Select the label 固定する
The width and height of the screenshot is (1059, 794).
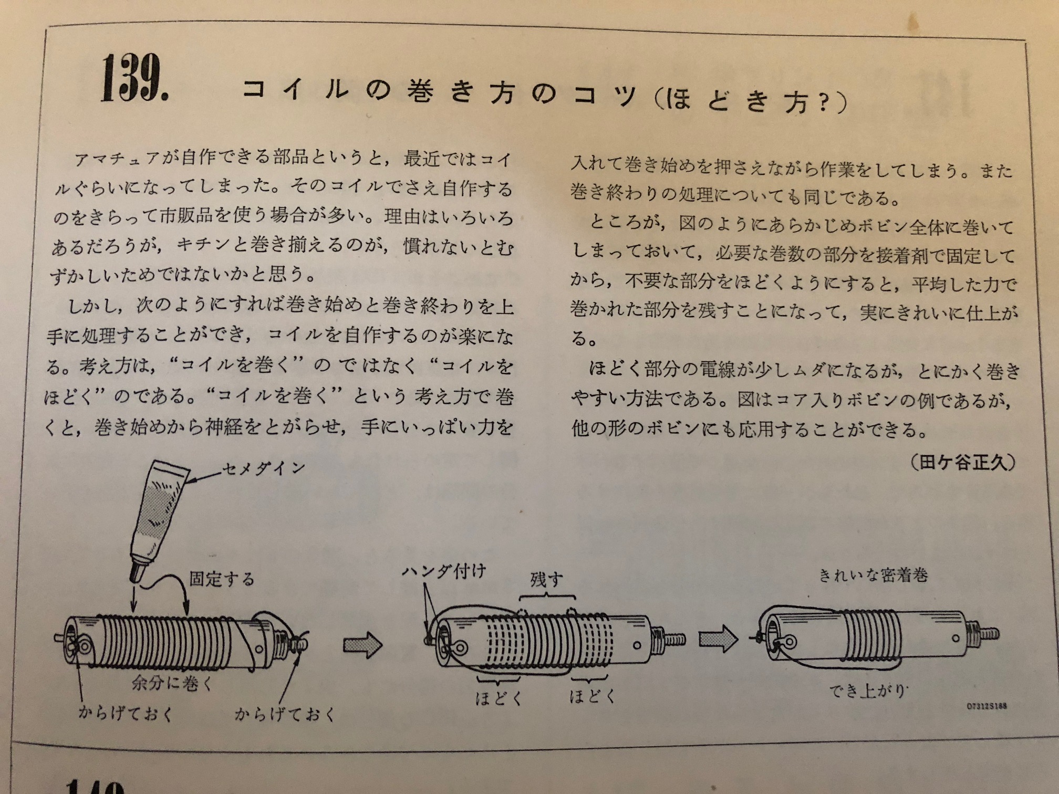pyautogui.click(x=222, y=579)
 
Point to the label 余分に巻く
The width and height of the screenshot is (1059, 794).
pyautogui.click(x=172, y=683)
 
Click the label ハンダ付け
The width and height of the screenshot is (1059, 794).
pyautogui.click(x=444, y=571)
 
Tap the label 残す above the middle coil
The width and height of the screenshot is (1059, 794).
pyautogui.click(x=546, y=580)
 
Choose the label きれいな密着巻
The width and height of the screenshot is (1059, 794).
pyautogui.click(x=873, y=576)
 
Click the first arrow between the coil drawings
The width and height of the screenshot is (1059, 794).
pyautogui.click(x=363, y=644)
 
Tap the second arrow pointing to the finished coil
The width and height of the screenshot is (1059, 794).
pyautogui.click(x=718, y=639)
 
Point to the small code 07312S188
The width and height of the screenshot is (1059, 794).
pyautogui.click(x=987, y=706)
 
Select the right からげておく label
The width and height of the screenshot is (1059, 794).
pyautogui.click(x=284, y=714)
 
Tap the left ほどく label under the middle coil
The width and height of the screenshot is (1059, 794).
pyautogui.click(x=498, y=698)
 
